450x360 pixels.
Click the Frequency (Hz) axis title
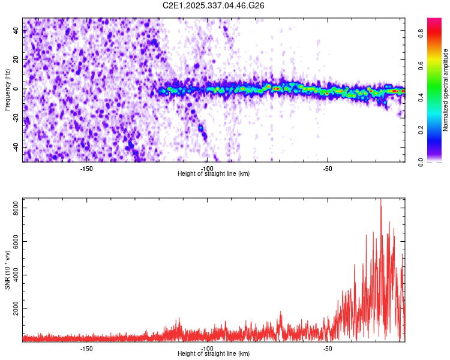pos(7,90)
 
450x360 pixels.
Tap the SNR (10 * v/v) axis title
pos(7,270)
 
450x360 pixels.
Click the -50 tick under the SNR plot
pos(328,348)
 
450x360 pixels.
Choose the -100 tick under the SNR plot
pos(207,348)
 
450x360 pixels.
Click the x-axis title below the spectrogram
pos(214,174)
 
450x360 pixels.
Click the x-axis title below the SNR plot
pos(214,354)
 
